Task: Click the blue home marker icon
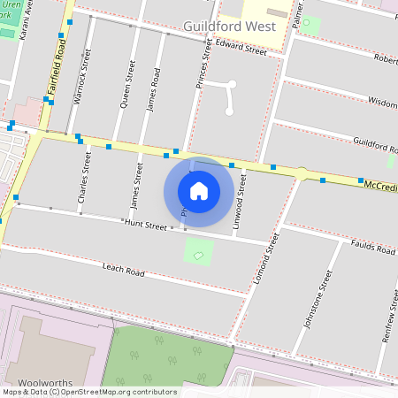pos(199,190)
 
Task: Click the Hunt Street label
pos(145,226)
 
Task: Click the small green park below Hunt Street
pos(199,252)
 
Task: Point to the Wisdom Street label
pos(382,103)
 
